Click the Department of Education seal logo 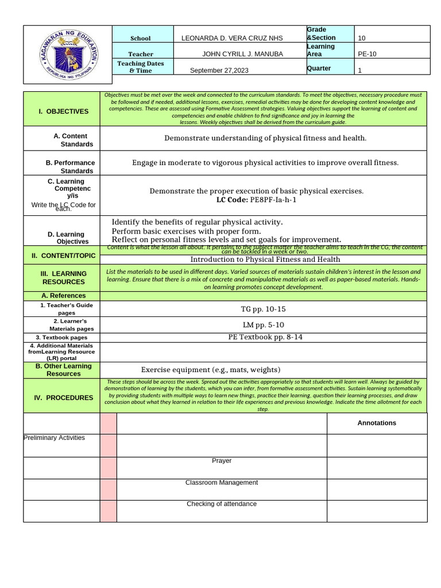[68, 55]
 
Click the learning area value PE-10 [367, 54]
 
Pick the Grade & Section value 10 [362, 38]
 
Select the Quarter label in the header [319, 68]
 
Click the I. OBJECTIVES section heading [63, 111]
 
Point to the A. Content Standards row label [71, 140]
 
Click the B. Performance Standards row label [71, 167]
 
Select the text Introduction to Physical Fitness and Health [265, 260]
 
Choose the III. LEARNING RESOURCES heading [63, 278]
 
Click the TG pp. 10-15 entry [264, 310]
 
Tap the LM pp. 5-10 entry [264, 325]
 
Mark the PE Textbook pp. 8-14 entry [265, 337]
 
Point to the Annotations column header [377, 423]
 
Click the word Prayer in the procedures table [222, 461]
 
